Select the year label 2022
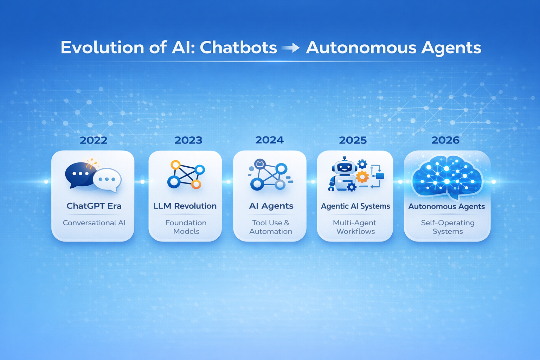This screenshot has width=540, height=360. tap(94, 140)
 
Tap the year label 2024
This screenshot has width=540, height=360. tap(270, 140)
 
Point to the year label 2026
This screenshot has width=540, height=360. tap(445, 140)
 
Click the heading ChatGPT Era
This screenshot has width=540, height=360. tap(94, 206)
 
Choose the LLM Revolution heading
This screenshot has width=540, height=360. tap(185, 206)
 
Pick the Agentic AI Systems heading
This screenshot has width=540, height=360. tap(355, 206)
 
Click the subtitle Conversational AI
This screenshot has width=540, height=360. tap(94, 223)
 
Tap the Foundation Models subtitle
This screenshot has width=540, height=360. tap(186, 227)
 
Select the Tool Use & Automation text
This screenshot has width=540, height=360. tap(270, 227)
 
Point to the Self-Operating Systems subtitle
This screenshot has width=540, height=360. tap(448, 227)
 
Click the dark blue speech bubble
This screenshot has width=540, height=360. tap(80, 175)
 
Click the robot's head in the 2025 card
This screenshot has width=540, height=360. tap(344, 166)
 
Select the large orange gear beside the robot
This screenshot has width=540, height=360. tap(362, 177)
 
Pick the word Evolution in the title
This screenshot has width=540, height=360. tap(102, 47)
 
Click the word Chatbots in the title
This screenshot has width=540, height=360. tap(238, 47)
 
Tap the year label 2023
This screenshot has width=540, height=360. tap(188, 140)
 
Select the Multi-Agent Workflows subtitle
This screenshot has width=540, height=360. tap(355, 227)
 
